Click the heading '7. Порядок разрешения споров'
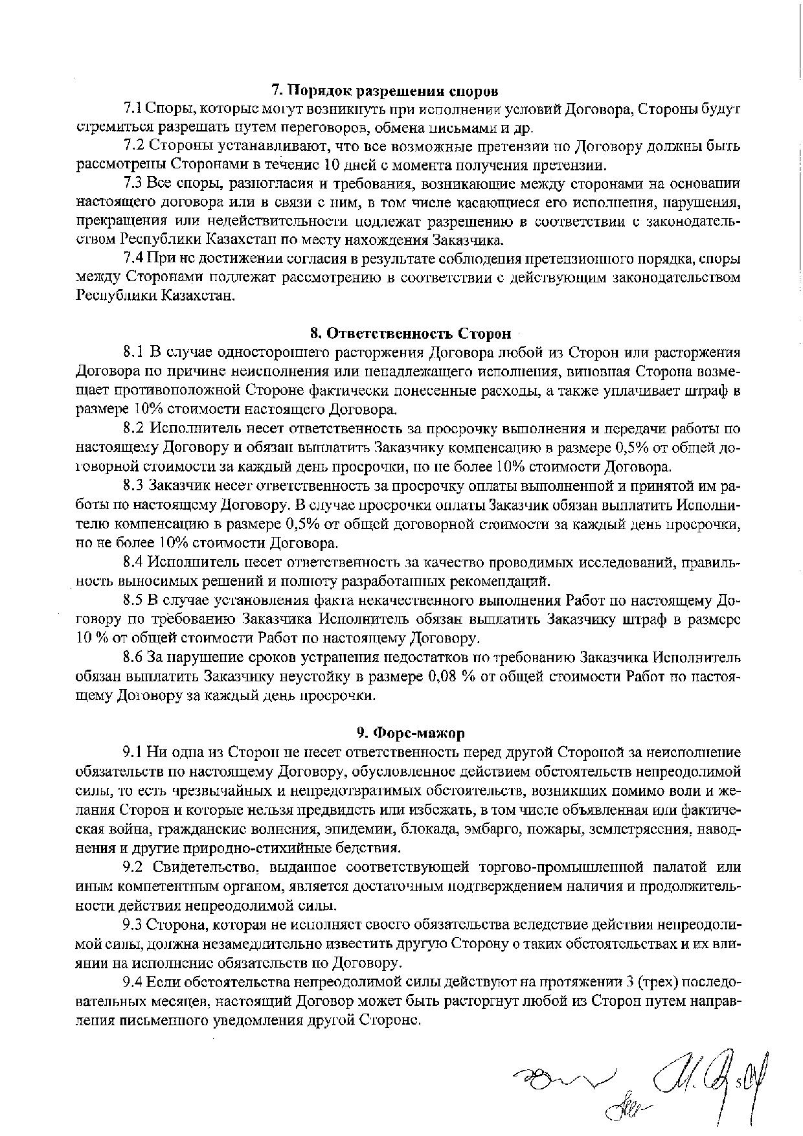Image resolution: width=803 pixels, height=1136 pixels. (x=385, y=89)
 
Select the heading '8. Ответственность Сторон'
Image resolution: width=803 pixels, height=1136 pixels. (x=410, y=334)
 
